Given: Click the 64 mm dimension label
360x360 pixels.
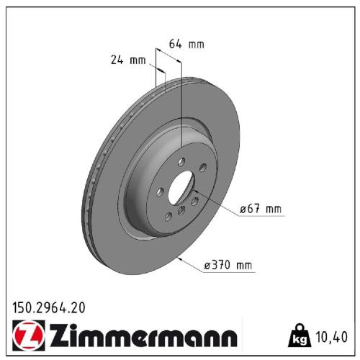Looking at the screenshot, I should point(186,44).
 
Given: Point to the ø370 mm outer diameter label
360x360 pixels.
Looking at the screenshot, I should point(230,266).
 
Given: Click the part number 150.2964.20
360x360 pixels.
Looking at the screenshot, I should point(49,307).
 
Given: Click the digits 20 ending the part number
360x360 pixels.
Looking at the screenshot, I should point(78,307).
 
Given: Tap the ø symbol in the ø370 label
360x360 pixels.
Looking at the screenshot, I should point(208,266).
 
